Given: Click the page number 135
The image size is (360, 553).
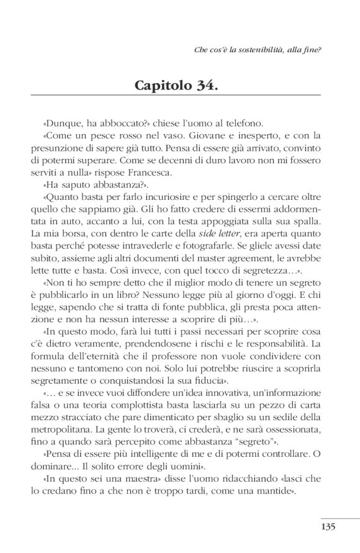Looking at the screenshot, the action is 328,527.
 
